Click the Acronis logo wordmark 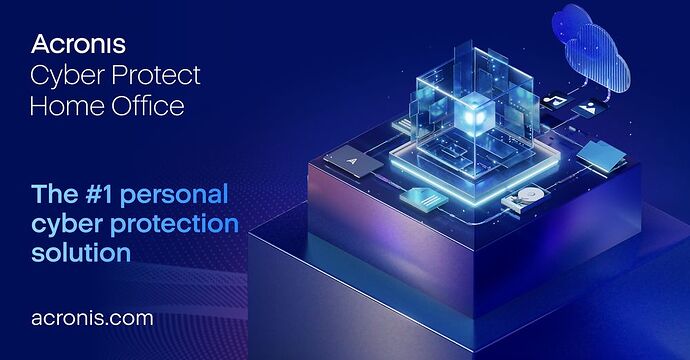pyautogui.click(x=78, y=44)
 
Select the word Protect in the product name pyautogui.click(x=156, y=75)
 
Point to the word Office pyautogui.click(x=148, y=106)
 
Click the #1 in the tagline pyautogui.click(x=99, y=194)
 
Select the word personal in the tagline pyautogui.click(x=174, y=195)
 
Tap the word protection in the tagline pyautogui.click(x=174, y=225)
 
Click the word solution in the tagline pyautogui.click(x=81, y=253)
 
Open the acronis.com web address pyautogui.click(x=92, y=318)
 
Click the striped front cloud pyautogui.click(x=598, y=60)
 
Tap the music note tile pyautogui.click(x=554, y=101)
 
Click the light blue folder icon pyautogui.click(x=602, y=156)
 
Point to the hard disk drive pyautogui.click(x=526, y=198)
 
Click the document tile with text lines pyautogui.click(x=424, y=198)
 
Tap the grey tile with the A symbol pyautogui.click(x=353, y=162)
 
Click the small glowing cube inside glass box pyautogui.click(x=474, y=113)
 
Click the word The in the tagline pyautogui.click(x=55, y=194)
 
